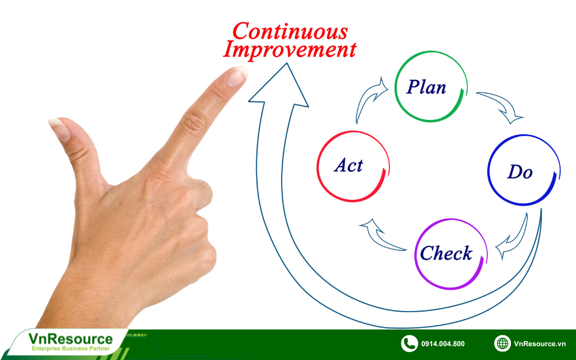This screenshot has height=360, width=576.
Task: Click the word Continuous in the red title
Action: pyautogui.click(x=290, y=31)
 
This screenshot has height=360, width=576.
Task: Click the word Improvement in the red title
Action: pyautogui.click(x=290, y=49)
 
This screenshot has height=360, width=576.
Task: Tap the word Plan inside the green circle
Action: pyautogui.click(x=426, y=88)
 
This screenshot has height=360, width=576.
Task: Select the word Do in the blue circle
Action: pyautogui.click(x=520, y=172)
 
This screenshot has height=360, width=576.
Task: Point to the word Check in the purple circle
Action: pyautogui.click(x=446, y=253)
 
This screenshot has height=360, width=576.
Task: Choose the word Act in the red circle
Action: pyautogui.click(x=348, y=165)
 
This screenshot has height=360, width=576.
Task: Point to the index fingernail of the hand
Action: pyautogui.click(x=236, y=77)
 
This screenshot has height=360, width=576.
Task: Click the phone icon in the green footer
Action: pyautogui.click(x=409, y=344)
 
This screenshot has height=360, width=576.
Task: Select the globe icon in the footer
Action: pyautogui.click(x=502, y=343)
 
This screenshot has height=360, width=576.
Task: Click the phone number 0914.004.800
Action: pyautogui.click(x=442, y=344)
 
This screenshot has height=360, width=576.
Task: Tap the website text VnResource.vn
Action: pyautogui.click(x=540, y=344)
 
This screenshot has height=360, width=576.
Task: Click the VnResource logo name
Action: pyautogui.click(x=70, y=338)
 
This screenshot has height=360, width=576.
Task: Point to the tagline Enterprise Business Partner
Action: pyautogui.click(x=70, y=348)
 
